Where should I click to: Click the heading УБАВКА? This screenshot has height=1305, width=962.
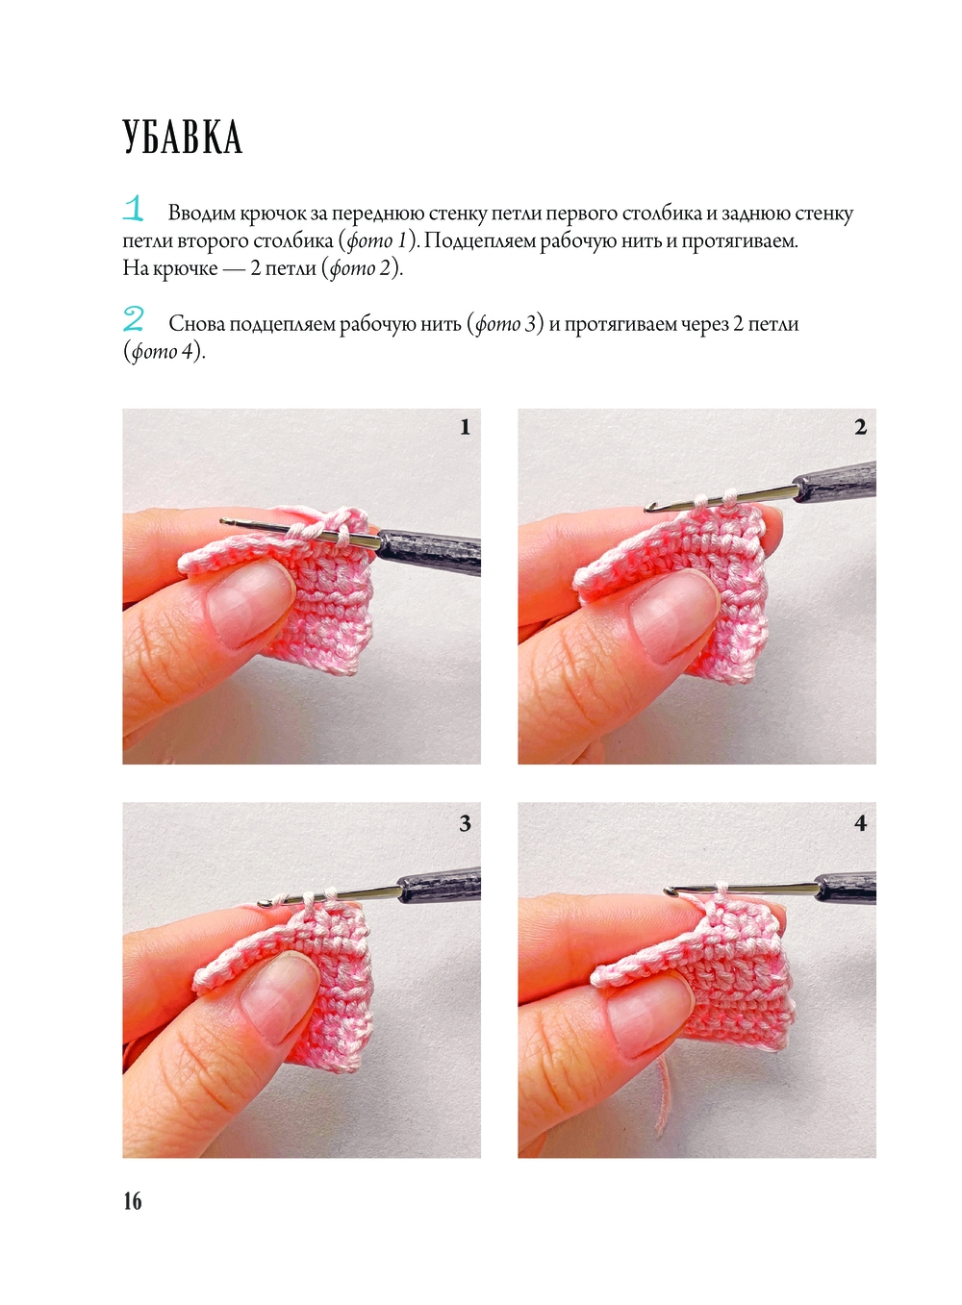pos(183,138)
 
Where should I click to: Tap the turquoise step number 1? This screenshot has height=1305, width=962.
pos(134,209)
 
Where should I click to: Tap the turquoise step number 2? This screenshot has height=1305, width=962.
pos(134,320)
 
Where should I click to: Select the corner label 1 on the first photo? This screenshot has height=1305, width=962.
pos(465,427)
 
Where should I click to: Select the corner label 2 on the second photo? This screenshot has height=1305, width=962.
pos(860,427)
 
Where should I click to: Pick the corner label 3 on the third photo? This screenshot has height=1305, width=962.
pos(465,823)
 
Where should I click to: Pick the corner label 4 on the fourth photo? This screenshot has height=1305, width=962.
pos(860,823)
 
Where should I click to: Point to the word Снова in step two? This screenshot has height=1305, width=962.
pos(196,324)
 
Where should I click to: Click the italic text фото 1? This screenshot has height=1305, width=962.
pos(376,241)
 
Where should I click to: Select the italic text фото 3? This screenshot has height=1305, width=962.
pos(505,324)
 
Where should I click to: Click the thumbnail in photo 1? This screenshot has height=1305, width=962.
pos(251,607)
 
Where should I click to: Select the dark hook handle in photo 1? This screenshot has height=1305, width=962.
pos(429,551)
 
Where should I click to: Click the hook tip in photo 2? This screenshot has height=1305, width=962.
pos(649,509)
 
